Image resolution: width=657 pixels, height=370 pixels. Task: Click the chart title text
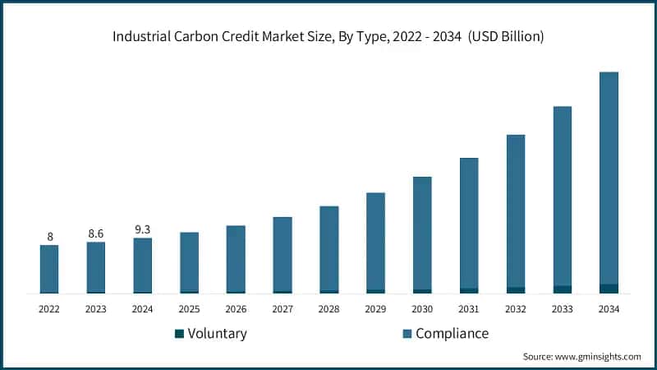click(x=328, y=37)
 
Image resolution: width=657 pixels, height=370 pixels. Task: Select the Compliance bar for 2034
click(x=609, y=178)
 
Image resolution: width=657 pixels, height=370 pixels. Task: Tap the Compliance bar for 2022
click(x=49, y=268)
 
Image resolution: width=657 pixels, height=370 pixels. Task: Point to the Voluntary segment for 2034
click(x=609, y=289)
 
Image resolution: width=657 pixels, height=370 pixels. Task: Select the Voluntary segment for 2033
click(x=562, y=289)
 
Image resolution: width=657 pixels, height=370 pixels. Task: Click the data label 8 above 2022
click(x=49, y=237)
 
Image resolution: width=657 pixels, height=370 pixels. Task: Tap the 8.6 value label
click(x=96, y=234)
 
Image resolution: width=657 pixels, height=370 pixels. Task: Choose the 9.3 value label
click(x=143, y=229)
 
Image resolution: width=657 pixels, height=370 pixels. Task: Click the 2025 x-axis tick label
click(x=189, y=309)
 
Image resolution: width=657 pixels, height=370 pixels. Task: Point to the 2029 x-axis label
click(x=375, y=309)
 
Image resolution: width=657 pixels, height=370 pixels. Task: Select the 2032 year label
click(x=516, y=309)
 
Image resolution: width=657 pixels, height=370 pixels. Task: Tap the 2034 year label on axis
click(x=609, y=309)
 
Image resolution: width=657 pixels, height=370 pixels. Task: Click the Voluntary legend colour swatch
click(x=179, y=334)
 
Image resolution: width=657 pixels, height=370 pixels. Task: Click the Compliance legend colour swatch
click(x=407, y=334)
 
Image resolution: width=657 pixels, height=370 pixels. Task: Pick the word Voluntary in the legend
click(x=217, y=333)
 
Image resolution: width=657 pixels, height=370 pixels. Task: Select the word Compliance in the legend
click(x=452, y=333)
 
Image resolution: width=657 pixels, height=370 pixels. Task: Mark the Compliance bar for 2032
click(x=516, y=210)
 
